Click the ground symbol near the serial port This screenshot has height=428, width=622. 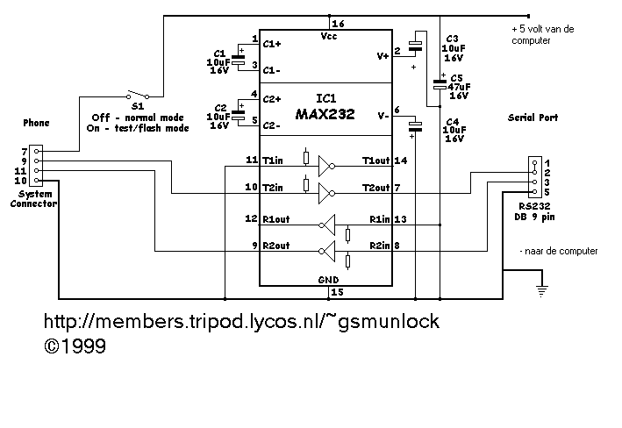(x=542, y=287)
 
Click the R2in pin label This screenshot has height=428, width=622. (x=380, y=247)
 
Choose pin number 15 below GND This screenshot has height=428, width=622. (x=337, y=291)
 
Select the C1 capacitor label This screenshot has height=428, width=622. (x=218, y=53)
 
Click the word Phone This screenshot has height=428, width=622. (x=36, y=123)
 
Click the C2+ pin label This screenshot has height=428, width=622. (x=272, y=98)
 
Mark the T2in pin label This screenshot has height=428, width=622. (x=274, y=187)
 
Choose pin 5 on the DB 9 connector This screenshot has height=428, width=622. (x=546, y=192)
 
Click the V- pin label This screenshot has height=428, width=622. (x=382, y=116)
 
